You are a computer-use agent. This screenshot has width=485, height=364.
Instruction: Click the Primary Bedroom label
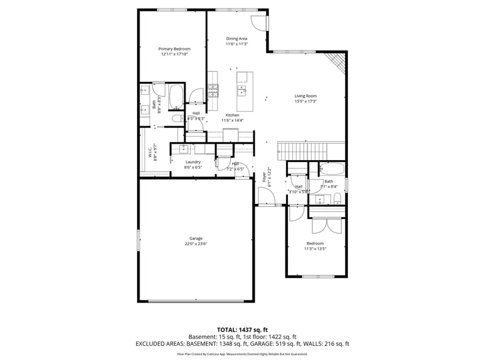175,49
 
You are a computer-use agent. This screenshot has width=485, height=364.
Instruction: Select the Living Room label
306,96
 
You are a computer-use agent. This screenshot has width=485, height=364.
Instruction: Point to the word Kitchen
232,115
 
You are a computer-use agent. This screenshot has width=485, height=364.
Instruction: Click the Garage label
196,238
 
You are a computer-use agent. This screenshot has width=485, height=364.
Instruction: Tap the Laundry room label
193,162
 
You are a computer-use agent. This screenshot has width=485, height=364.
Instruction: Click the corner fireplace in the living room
335,62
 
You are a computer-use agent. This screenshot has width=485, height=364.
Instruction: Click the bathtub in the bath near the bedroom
331,169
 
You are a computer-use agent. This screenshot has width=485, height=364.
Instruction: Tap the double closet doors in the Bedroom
327,224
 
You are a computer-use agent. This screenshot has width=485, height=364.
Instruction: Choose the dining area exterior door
259,22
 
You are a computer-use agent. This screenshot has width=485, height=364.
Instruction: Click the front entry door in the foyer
266,197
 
